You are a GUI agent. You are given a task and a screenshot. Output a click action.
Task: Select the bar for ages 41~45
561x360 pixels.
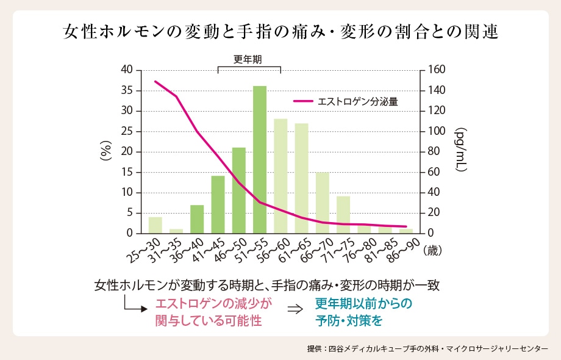218,204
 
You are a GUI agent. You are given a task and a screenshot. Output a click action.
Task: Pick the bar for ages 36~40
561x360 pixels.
197,219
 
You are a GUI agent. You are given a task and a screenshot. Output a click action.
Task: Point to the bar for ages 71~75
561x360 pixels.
343,215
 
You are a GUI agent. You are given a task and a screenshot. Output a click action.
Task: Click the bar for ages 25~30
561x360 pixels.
155,225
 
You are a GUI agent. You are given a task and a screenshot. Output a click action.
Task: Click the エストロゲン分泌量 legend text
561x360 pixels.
358,102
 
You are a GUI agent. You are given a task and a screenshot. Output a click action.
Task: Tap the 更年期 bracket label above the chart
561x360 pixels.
248,59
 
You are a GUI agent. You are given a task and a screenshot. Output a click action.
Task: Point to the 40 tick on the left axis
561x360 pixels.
126,70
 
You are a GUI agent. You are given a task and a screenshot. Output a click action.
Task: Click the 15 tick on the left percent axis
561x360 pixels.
126,173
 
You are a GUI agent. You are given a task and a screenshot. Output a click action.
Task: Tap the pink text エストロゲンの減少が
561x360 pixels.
213,303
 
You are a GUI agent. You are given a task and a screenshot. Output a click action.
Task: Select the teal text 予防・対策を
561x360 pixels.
349,320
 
